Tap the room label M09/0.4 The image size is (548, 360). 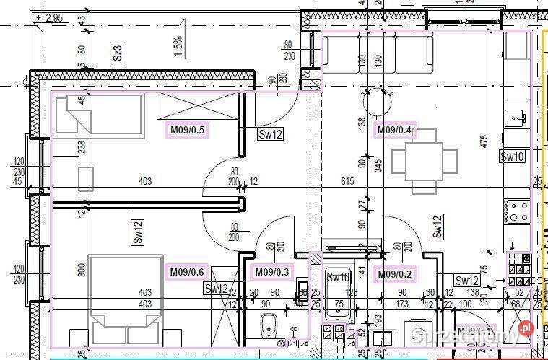pyautogui.click(x=394, y=131)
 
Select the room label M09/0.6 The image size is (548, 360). pyautogui.click(x=187, y=272)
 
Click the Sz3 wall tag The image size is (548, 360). pyautogui.click(x=118, y=53)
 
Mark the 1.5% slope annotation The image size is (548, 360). pyautogui.click(x=178, y=48)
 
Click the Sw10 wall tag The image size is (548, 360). pyautogui.click(x=513, y=157)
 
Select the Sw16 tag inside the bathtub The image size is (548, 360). pyautogui.click(x=338, y=277)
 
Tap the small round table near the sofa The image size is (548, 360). pyautogui.click(x=375, y=105)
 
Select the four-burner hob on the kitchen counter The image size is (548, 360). pyautogui.click(x=519, y=211)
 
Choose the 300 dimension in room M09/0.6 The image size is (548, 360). pyautogui.click(x=81, y=270)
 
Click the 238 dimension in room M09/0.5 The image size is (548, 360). pyautogui.click(x=81, y=147)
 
